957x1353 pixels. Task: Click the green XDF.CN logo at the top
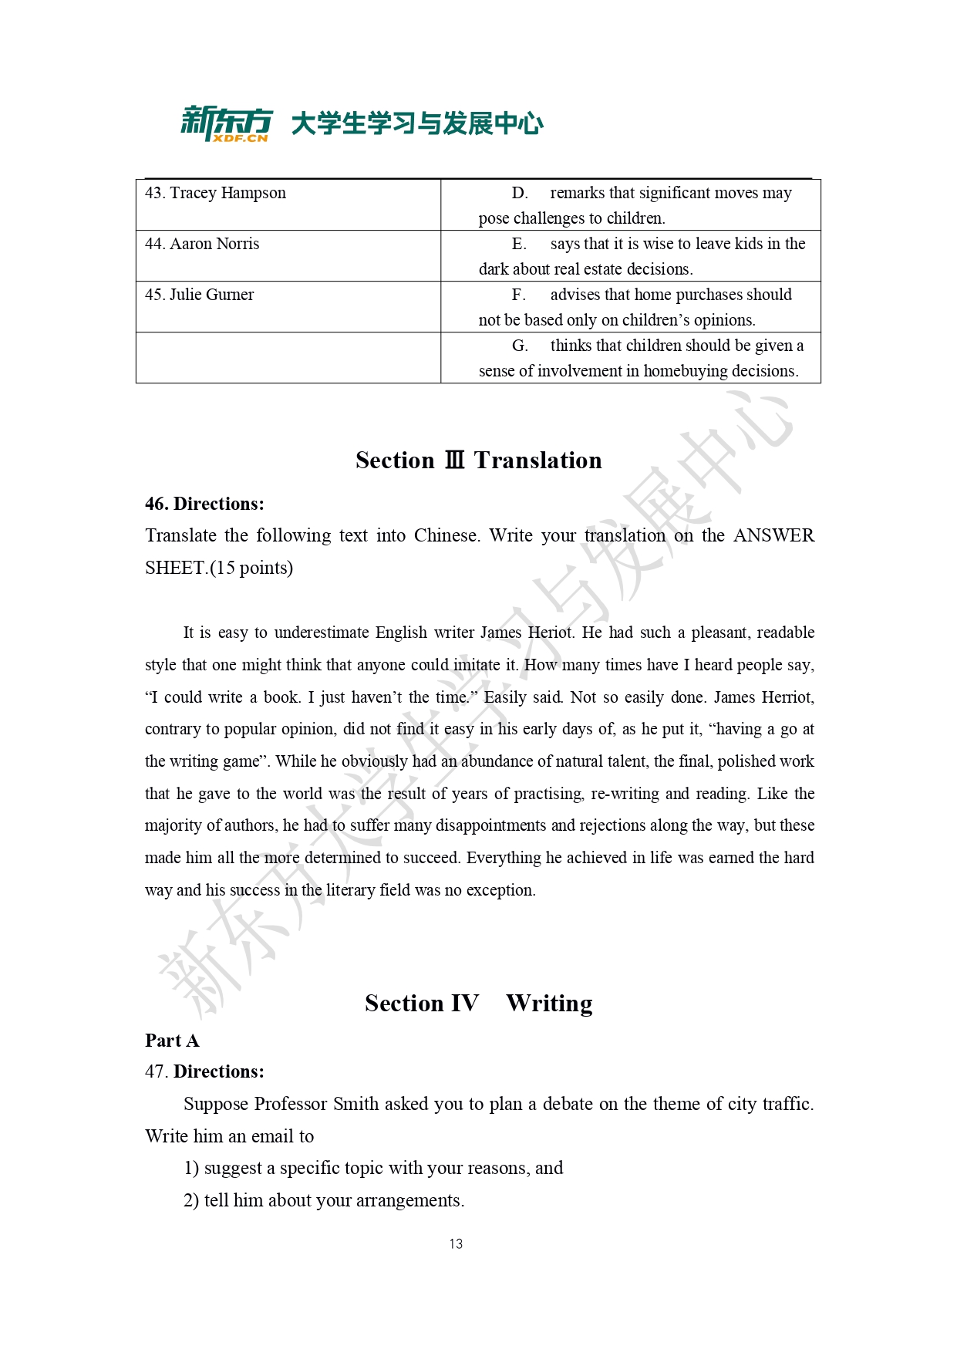(227, 123)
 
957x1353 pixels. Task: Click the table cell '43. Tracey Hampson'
(215, 193)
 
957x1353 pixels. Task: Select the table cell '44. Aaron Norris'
(202, 244)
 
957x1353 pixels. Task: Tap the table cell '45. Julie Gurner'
(199, 295)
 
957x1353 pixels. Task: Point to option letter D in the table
(519, 193)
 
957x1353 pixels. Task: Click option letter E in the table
(519, 244)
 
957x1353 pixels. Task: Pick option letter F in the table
(518, 295)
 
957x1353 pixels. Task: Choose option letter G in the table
(519, 346)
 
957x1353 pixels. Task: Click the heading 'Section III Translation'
(478, 461)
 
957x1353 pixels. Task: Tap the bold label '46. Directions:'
(204, 504)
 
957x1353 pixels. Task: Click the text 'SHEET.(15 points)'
(219, 569)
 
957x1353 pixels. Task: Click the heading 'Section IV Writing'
(478, 1004)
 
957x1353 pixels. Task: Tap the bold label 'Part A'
(172, 1041)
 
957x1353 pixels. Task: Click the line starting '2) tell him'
(323, 1201)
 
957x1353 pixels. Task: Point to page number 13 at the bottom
(456, 1244)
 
